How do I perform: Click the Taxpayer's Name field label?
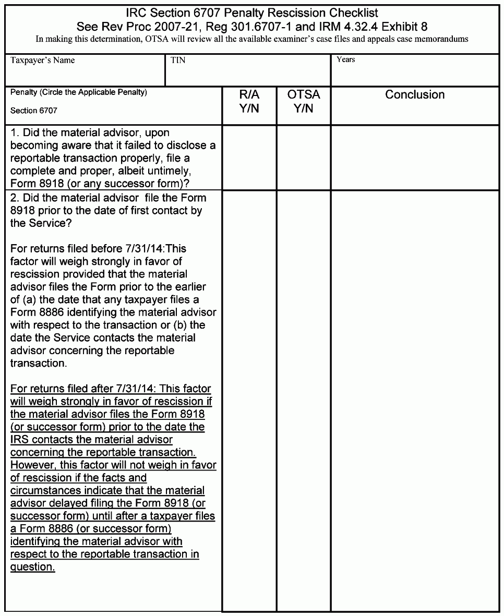[x=42, y=61]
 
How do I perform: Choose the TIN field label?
[x=178, y=61]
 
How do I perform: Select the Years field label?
[x=345, y=60]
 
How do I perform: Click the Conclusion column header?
[x=415, y=95]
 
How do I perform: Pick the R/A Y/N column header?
[x=249, y=102]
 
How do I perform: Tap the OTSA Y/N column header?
[x=303, y=102]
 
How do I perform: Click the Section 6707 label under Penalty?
[x=34, y=111]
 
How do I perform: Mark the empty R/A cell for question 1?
[x=249, y=158]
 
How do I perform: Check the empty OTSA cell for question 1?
[x=303, y=158]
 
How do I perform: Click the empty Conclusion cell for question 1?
[x=415, y=158]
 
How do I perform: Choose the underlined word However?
[x=32, y=465]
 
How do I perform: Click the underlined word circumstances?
[x=43, y=490]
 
